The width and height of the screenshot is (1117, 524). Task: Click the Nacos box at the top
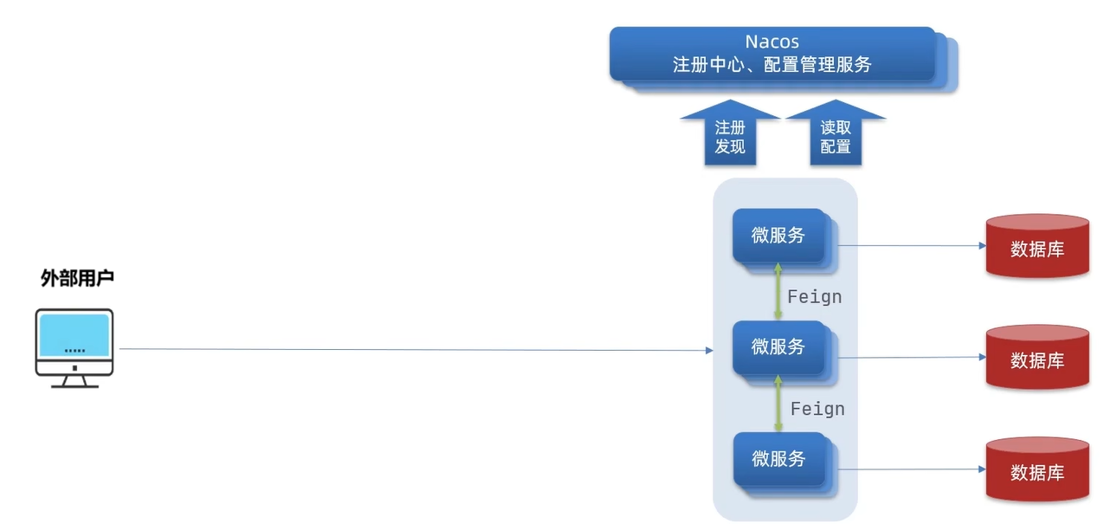coord(772,54)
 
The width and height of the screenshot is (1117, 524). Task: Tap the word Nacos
coord(772,42)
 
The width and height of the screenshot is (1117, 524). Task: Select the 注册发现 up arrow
coord(730,135)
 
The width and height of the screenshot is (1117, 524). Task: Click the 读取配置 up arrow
coord(836,135)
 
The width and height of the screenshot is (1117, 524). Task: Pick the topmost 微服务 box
coord(778,235)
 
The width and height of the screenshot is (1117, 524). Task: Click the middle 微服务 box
coord(778,347)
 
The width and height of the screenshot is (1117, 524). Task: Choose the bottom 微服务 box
coord(778,459)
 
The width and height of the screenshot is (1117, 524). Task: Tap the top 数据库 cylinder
coord(1037,248)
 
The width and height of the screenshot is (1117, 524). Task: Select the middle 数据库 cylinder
coord(1037,359)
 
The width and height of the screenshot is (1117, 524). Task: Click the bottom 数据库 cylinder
coord(1037,471)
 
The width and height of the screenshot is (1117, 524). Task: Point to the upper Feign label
coord(814,297)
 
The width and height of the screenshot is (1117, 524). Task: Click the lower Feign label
coord(817,409)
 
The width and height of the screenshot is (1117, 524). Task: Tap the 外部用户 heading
coord(78,278)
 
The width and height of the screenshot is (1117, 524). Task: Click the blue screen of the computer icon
coord(74,336)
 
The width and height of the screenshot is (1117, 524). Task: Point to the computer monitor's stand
coord(74,379)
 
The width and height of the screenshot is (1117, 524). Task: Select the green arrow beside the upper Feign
coord(778,292)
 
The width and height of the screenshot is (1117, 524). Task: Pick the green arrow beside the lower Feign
coord(778,404)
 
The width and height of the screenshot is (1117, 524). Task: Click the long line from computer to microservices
coord(416,350)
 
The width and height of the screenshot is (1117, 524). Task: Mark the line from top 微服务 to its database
coord(909,245)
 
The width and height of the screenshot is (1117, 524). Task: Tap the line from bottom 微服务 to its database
coord(909,469)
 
